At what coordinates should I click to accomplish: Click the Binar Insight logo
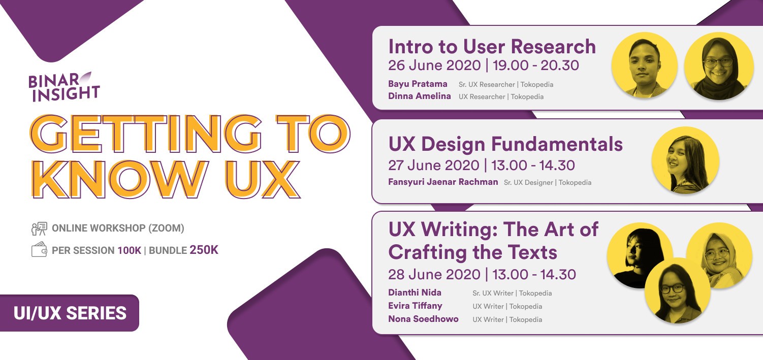(64, 87)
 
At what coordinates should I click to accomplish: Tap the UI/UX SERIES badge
(70, 313)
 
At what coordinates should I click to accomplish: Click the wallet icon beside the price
(39, 249)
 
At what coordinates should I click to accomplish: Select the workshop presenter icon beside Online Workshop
(39, 228)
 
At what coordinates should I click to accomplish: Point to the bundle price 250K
(204, 250)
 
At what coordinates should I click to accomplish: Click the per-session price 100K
(129, 251)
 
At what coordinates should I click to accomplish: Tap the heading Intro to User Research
(492, 46)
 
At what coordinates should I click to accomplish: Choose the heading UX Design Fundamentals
(505, 144)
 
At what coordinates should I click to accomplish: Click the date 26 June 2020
(434, 65)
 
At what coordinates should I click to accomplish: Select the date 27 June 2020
(434, 165)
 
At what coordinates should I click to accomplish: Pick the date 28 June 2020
(434, 274)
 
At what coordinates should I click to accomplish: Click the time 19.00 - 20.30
(536, 65)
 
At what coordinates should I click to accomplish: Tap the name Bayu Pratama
(418, 84)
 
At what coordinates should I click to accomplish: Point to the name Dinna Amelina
(419, 96)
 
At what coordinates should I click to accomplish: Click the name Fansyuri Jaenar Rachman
(443, 182)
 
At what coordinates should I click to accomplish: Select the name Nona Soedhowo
(423, 319)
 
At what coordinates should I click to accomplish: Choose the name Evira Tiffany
(415, 306)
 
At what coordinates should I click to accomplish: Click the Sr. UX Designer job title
(528, 183)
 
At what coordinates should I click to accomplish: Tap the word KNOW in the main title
(119, 179)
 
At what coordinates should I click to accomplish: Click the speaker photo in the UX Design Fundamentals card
(685, 160)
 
